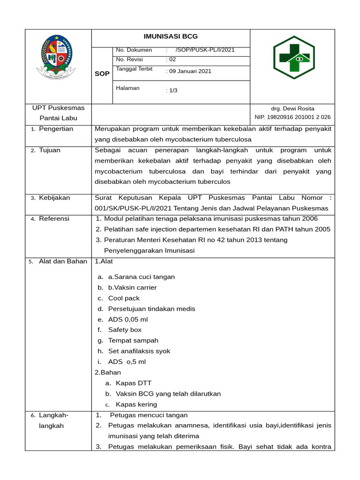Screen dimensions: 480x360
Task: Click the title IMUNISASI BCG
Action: tap(171, 37)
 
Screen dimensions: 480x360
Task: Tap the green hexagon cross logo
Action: tap(294, 58)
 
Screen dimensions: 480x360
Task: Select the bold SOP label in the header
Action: tap(102, 74)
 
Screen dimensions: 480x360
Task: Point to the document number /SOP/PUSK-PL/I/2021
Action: tap(205, 50)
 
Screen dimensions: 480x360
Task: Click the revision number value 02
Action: tap(172, 60)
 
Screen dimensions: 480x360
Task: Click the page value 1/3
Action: tap(172, 90)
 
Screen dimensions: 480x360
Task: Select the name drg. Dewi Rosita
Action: tap(292, 108)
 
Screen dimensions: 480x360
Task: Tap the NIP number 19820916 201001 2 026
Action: tap(292, 117)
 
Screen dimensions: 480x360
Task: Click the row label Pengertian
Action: tap(56, 129)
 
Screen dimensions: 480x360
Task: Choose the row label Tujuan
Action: tap(49, 150)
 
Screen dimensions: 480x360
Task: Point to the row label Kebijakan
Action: tap(54, 198)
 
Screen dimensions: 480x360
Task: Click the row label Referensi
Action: tap(54, 218)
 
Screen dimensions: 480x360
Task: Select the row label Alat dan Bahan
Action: tap(63, 261)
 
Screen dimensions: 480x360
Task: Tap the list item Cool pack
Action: tap(124, 298)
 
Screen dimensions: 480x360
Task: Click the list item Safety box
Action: tap(125, 330)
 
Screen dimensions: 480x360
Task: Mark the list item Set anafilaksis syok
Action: tap(139, 351)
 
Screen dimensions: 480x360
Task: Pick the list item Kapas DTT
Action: tap(134, 383)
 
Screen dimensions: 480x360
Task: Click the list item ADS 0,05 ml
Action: tap(127, 319)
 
